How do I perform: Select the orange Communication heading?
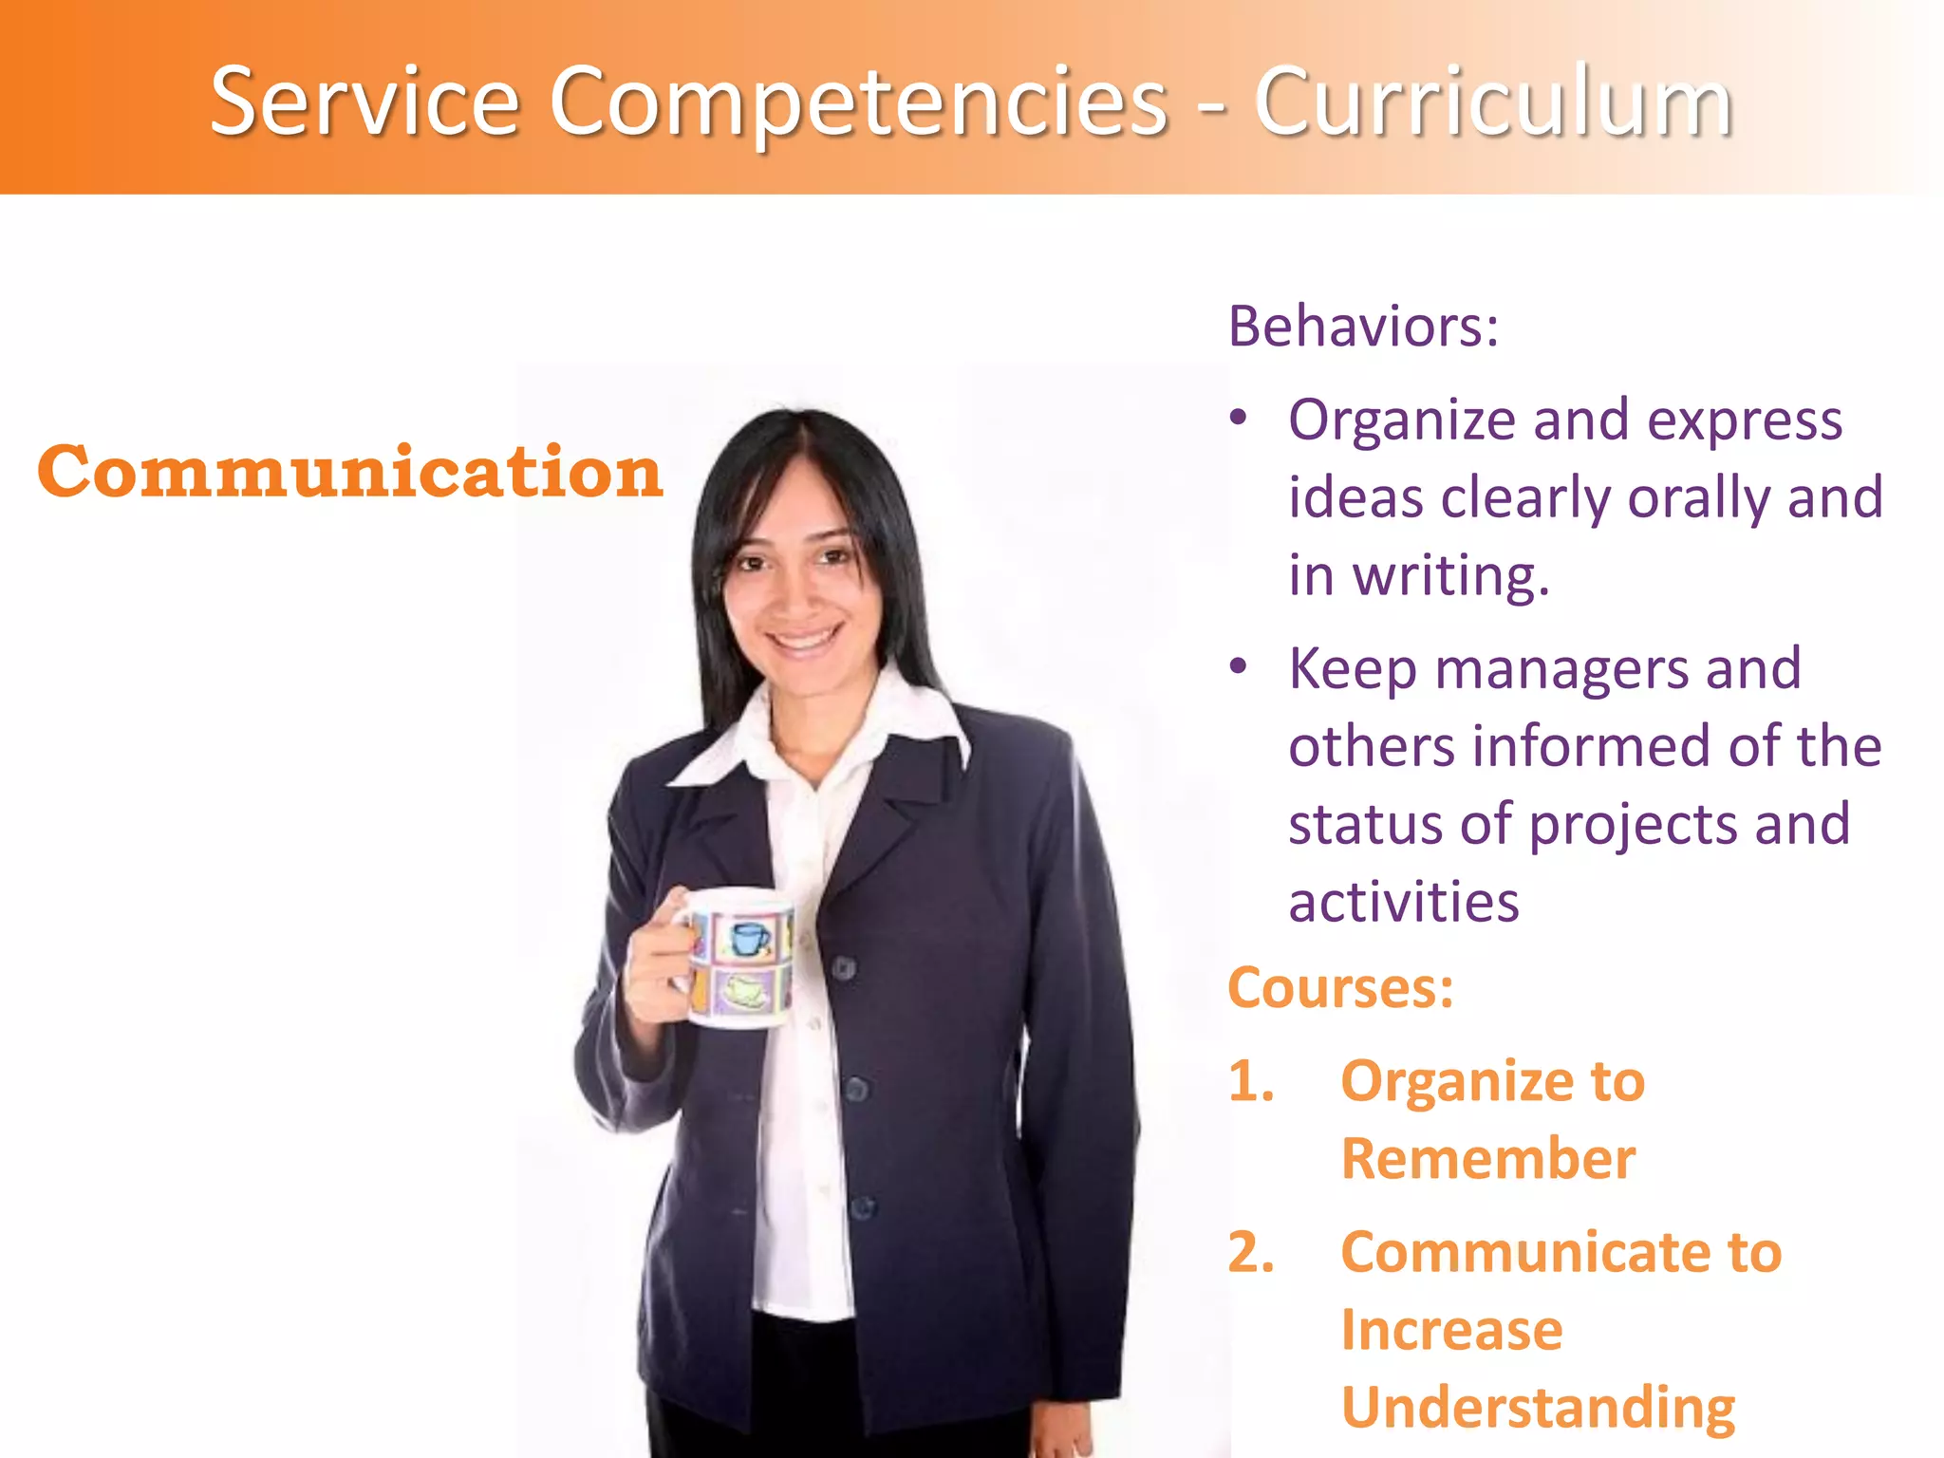(349, 472)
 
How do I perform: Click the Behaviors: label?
(1363, 327)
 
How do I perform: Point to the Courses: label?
(1340, 988)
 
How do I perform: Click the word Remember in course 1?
(1488, 1159)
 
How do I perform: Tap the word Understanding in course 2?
(1538, 1407)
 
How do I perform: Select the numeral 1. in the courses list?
(1251, 1081)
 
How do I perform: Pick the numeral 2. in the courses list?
(1251, 1252)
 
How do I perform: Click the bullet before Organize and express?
(1238, 418)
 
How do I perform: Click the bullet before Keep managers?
(1238, 666)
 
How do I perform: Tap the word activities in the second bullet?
(1403, 902)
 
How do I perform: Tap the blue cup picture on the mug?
(749, 939)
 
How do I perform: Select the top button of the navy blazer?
(844, 969)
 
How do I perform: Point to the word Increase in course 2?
(1451, 1330)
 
